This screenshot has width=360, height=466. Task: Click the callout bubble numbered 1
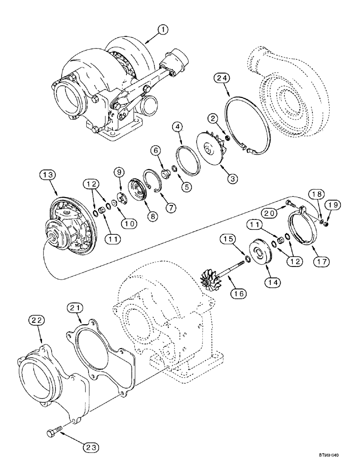(162, 30)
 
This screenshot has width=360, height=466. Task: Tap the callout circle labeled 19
(335, 205)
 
